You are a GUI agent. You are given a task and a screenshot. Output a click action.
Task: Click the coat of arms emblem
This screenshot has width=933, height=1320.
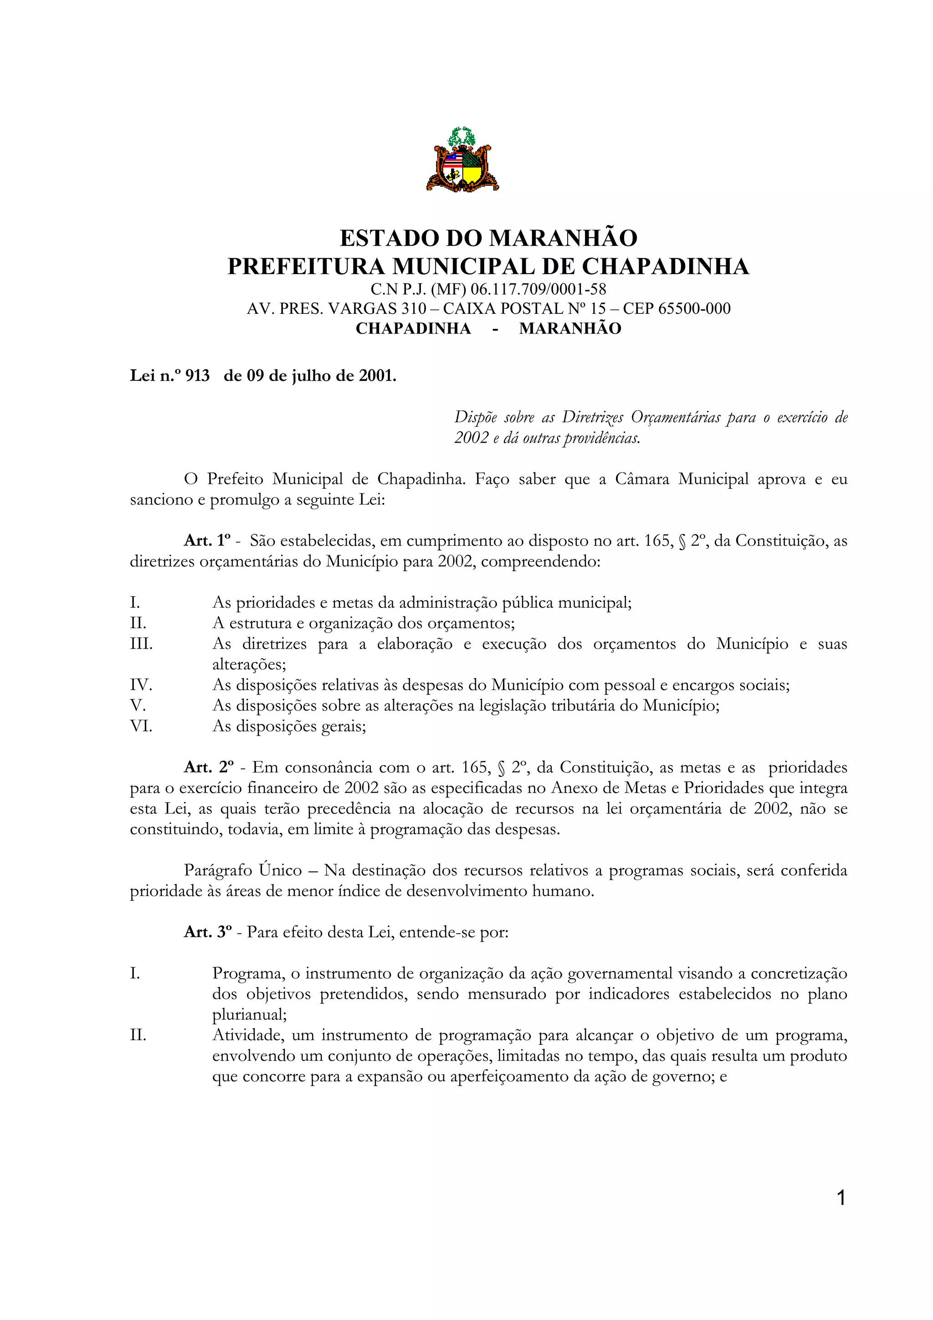[462, 160]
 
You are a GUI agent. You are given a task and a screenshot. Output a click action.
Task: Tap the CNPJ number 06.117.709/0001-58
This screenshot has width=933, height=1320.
[538, 289]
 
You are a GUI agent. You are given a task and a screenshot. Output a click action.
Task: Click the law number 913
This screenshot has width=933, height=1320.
[197, 376]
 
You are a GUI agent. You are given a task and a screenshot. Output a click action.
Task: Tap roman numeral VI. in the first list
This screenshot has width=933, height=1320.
[141, 726]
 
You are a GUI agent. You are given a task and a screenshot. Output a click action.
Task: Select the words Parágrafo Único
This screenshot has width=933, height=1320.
[243, 870]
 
